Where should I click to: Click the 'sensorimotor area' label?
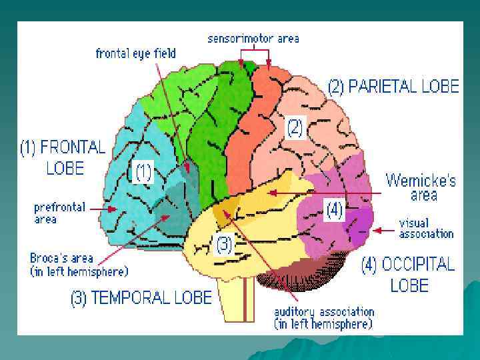[253, 38]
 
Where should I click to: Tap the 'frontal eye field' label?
[135, 53]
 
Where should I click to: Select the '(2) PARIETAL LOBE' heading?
[393, 86]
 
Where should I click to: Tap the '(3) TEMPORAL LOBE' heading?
[141, 298]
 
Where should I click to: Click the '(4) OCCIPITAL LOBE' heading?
[408, 275]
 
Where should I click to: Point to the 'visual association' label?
[426, 228]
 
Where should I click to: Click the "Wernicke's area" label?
[421, 187]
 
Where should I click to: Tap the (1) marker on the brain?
[144, 173]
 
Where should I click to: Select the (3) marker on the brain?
[224, 245]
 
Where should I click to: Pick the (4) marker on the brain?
[333, 211]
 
